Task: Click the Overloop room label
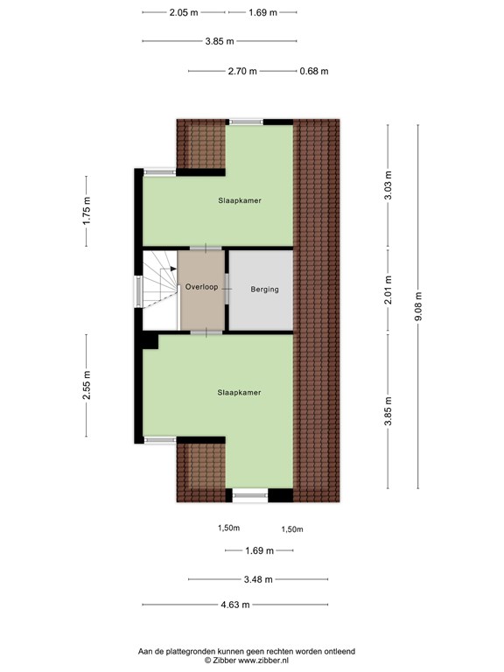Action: click(201, 287)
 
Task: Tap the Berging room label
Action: click(264, 290)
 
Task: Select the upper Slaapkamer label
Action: click(240, 200)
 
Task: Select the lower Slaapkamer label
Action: click(239, 393)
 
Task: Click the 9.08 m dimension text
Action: click(419, 305)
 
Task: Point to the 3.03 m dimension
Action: click(388, 185)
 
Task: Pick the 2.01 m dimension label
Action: click(388, 290)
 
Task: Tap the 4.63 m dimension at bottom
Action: click(235, 605)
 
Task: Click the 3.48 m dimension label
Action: click(258, 580)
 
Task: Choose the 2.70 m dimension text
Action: click(242, 71)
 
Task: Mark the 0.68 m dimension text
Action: click(314, 71)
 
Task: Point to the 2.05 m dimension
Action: click(184, 12)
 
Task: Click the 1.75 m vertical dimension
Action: click(87, 210)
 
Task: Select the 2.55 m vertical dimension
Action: click(87, 385)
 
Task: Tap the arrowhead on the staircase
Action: click(173, 269)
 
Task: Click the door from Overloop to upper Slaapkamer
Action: click(206, 248)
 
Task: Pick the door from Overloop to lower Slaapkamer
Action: click(206, 332)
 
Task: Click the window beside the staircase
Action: click(138, 292)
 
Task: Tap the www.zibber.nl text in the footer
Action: click(263, 660)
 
